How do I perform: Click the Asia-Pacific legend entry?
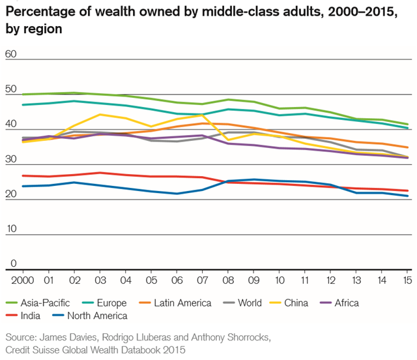[x=39, y=303]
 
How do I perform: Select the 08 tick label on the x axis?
[x=227, y=279]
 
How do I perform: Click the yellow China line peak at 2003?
[x=99, y=115]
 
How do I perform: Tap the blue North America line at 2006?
[x=177, y=194]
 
